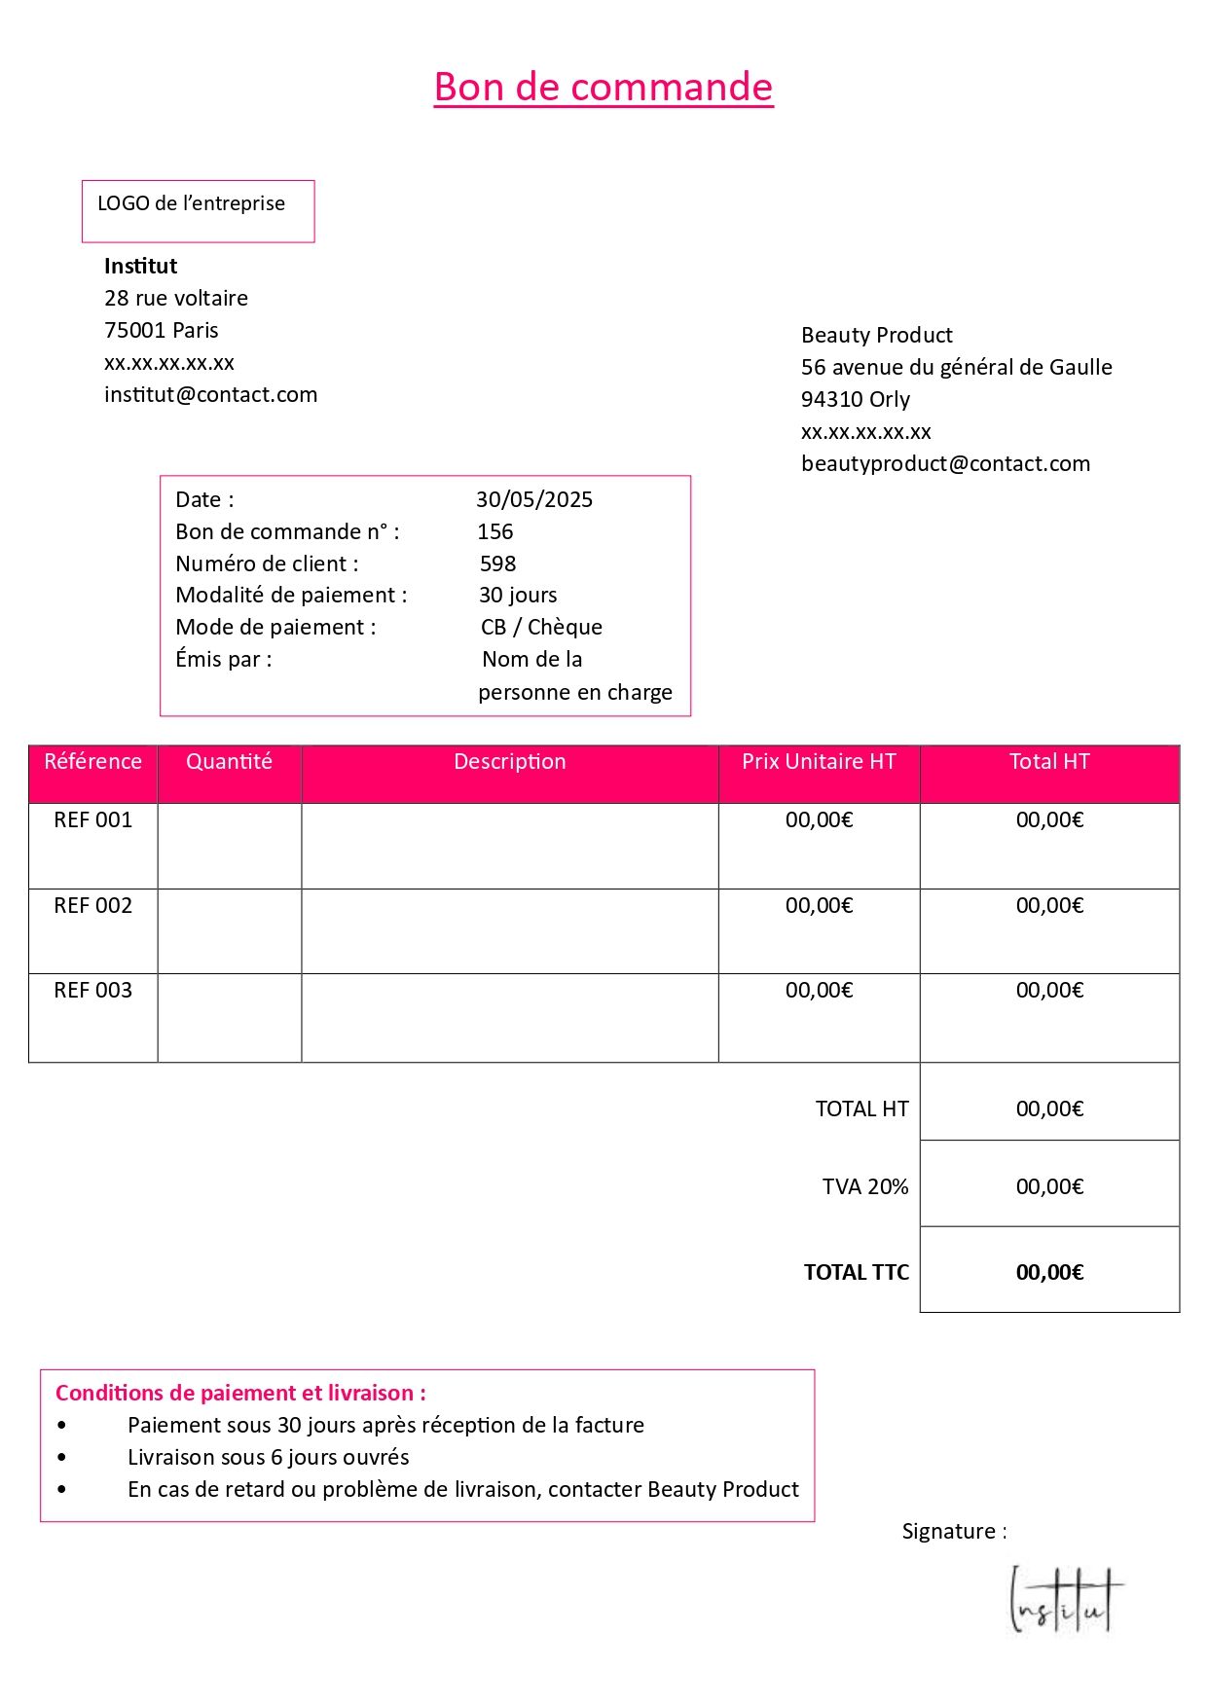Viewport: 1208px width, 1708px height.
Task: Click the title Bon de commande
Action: (x=604, y=87)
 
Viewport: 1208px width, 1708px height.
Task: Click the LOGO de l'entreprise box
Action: (x=198, y=210)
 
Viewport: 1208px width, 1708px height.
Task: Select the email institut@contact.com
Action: (x=210, y=394)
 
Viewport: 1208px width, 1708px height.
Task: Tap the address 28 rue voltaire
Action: (x=176, y=298)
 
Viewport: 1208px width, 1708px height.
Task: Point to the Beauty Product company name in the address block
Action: (x=876, y=335)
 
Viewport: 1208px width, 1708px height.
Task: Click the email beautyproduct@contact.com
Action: (x=945, y=463)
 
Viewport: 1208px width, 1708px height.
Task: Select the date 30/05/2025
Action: (x=533, y=499)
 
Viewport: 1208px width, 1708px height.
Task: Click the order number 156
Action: (x=494, y=531)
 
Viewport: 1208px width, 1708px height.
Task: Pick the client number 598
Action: (x=497, y=563)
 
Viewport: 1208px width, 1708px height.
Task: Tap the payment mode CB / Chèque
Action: (x=541, y=627)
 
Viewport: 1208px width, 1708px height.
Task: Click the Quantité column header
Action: (x=229, y=761)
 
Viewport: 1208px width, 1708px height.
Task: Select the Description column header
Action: (x=509, y=761)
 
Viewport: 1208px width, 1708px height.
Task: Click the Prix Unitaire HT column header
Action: (x=819, y=761)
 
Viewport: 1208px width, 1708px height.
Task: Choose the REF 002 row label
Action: (x=92, y=905)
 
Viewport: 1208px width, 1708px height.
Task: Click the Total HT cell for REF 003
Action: (x=1049, y=990)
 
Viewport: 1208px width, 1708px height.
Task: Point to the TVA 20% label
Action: (x=864, y=1186)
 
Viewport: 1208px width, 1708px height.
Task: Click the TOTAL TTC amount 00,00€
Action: (x=1049, y=1272)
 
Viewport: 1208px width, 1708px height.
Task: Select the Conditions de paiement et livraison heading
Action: (x=240, y=1393)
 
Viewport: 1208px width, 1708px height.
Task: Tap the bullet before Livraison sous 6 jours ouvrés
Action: (x=62, y=1457)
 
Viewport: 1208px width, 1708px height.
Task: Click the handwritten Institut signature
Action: (x=1064, y=1601)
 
